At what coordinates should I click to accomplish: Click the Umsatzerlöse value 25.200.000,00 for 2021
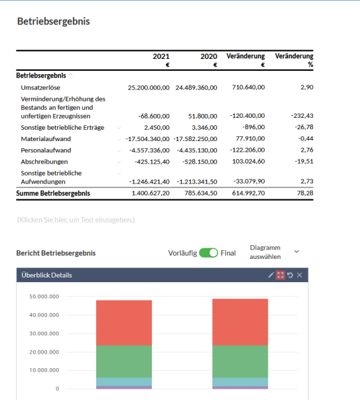(x=149, y=88)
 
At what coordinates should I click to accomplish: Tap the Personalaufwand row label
(x=46, y=150)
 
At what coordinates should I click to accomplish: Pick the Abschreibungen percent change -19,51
(x=304, y=162)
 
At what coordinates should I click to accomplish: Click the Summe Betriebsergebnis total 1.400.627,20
(x=150, y=193)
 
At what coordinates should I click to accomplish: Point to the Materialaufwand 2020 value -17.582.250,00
(x=196, y=139)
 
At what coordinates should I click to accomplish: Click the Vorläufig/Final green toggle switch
(x=208, y=253)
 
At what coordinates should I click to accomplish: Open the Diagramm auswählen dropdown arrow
(x=296, y=252)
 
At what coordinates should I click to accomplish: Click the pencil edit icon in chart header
(x=270, y=275)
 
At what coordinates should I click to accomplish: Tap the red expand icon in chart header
(x=280, y=275)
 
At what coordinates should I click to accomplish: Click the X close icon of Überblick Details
(x=300, y=275)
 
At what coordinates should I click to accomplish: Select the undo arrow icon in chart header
(x=290, y=275)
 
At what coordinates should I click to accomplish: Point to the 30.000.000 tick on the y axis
(x=44, y=333)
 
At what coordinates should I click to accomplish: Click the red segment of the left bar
(x=124, y=323)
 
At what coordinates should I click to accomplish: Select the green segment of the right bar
(x=240, y=362)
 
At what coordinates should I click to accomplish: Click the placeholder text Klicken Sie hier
(x=76, y=220)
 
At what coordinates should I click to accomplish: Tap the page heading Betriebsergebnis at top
(x=54, y=21)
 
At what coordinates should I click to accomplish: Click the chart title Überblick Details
(x=46, y=275)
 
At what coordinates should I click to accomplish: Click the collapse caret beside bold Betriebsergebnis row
(x=71, y=75)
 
